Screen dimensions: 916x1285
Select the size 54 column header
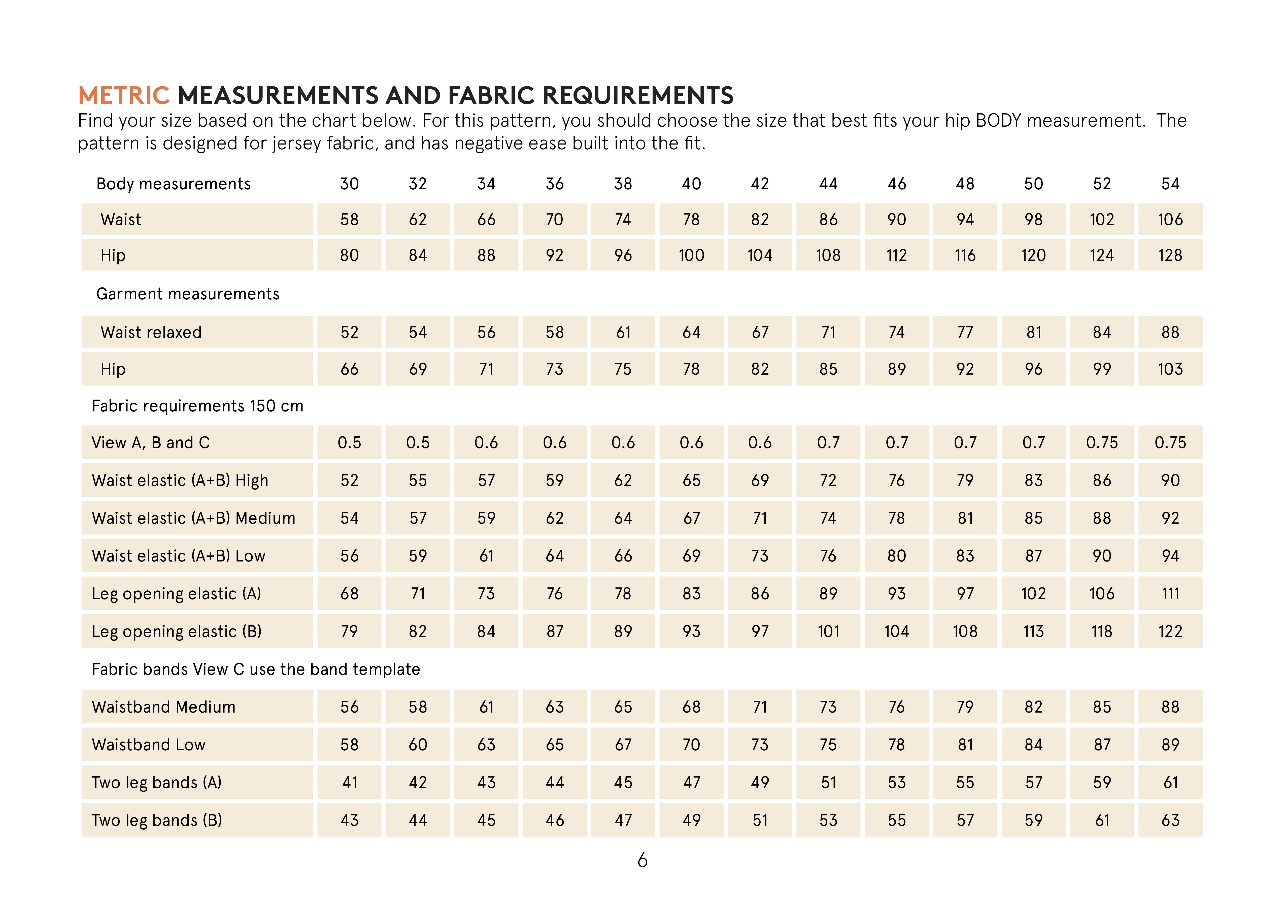point(1170,184)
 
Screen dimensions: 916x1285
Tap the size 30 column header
point(349,184)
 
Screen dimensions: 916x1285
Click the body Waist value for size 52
point(1102,219)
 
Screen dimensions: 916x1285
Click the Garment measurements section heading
point(188,294)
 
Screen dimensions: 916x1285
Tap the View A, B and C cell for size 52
point(1102,443)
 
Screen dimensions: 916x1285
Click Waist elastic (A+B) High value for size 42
point(760,481)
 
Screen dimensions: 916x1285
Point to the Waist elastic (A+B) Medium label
point(193,518)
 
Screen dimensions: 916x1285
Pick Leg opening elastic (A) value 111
point(1170,594)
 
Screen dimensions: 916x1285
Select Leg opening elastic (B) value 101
point(828,632)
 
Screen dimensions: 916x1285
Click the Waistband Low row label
point(149,745)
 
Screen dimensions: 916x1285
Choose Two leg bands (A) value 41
point(349,783)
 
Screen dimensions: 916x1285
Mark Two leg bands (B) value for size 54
point(1170,821)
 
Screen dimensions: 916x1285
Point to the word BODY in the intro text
point(998,121)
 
